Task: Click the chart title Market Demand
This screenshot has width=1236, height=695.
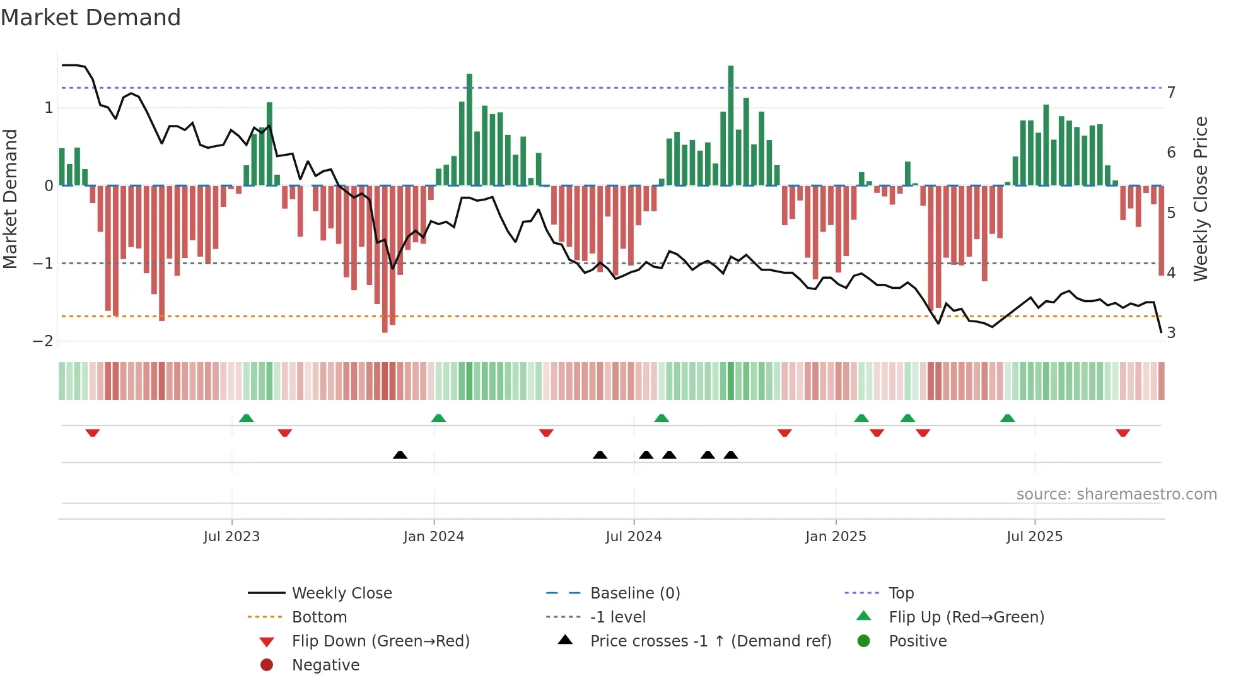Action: (91, 18)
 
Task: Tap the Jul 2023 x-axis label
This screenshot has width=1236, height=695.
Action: (231, 537)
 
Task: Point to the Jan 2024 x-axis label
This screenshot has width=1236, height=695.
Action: (434, 537)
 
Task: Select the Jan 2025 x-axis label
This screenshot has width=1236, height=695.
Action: (836, 537)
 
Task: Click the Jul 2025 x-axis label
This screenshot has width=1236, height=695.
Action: (1034, 537)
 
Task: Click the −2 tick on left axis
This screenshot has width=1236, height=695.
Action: (43, 341)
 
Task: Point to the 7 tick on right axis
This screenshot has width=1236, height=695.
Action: (1171, 93)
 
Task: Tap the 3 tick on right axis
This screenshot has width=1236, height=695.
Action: (1171, 333)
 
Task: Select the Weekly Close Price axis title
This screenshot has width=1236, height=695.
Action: (1201, 199)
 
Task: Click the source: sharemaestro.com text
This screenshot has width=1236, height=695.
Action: (1116, 494)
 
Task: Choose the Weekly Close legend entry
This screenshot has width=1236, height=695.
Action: (341, 593)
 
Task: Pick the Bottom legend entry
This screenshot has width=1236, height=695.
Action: (319, 617)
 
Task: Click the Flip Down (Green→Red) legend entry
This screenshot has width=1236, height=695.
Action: (380, 641)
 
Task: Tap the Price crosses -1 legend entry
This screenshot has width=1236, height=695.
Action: (710, 641)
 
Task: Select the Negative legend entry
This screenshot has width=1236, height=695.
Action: (325, 665)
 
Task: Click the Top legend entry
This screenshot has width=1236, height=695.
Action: (901, 593)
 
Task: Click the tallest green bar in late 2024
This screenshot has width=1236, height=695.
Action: (731, 126)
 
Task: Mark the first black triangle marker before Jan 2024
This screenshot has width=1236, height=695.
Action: (400, 455)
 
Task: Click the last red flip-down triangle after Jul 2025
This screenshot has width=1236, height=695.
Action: (1122, 433)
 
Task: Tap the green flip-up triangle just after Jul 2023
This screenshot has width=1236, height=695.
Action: (247, 418)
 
